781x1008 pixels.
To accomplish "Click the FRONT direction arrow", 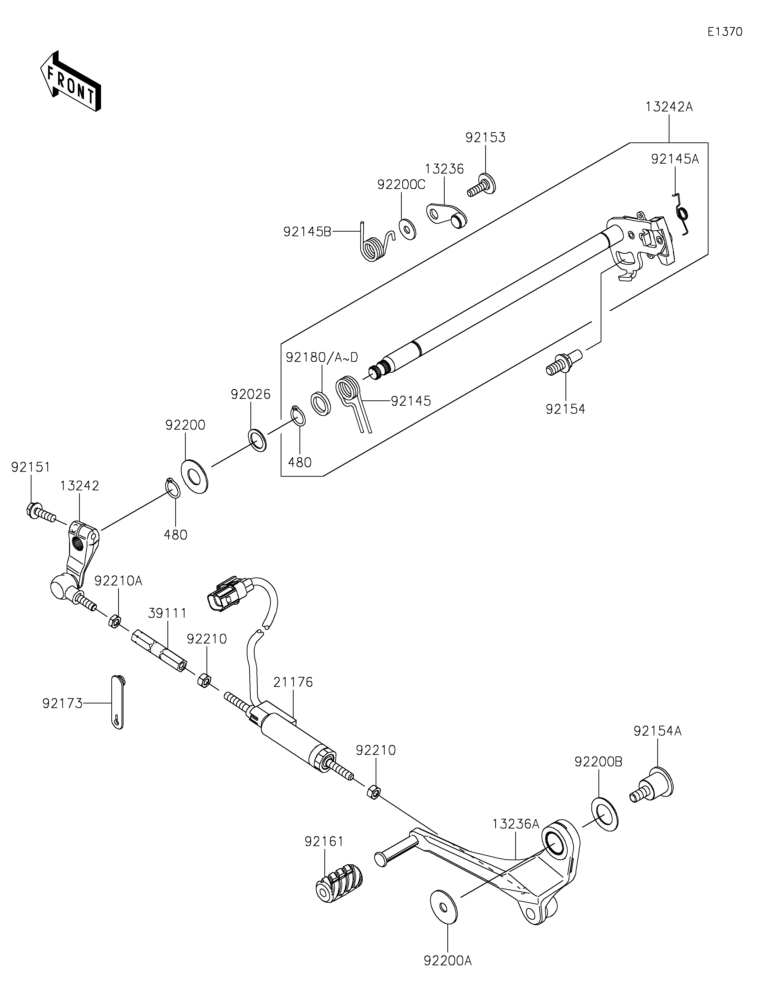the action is [70, 81].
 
